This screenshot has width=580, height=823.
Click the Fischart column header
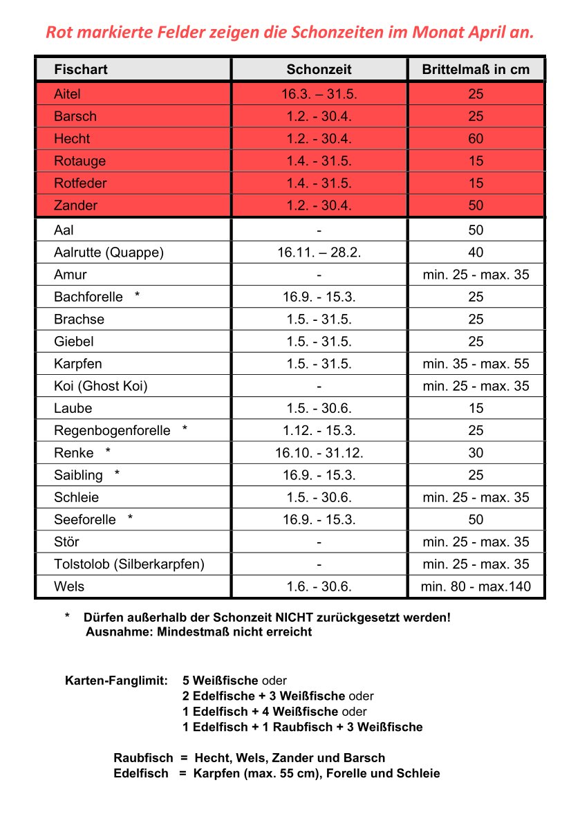click(81, 69)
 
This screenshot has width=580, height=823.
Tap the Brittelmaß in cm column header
click(476, 69)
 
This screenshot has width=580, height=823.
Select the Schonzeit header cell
click(319, 69)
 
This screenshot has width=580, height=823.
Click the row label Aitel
click(68, 94)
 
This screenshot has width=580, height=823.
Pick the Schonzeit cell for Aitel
click(319, 94)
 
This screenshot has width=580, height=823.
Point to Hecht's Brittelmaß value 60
click(476, 138)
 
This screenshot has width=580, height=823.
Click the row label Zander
click(76, 205)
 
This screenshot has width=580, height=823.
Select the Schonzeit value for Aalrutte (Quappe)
click(319, 252)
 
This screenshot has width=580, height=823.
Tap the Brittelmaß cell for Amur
click(476, 275)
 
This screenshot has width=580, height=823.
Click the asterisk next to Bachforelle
click(138, 296)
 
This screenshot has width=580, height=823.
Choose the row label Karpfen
click(78, 364)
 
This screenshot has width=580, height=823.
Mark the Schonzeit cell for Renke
click(319, 453)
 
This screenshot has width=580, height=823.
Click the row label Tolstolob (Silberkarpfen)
click(129, 564)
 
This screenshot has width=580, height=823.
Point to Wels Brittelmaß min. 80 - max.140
click(476, 587)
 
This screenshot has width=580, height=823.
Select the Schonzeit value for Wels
click(319, 587)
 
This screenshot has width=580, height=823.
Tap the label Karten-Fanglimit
click(116, 681)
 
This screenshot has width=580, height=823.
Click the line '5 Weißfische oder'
click(234, 681)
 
